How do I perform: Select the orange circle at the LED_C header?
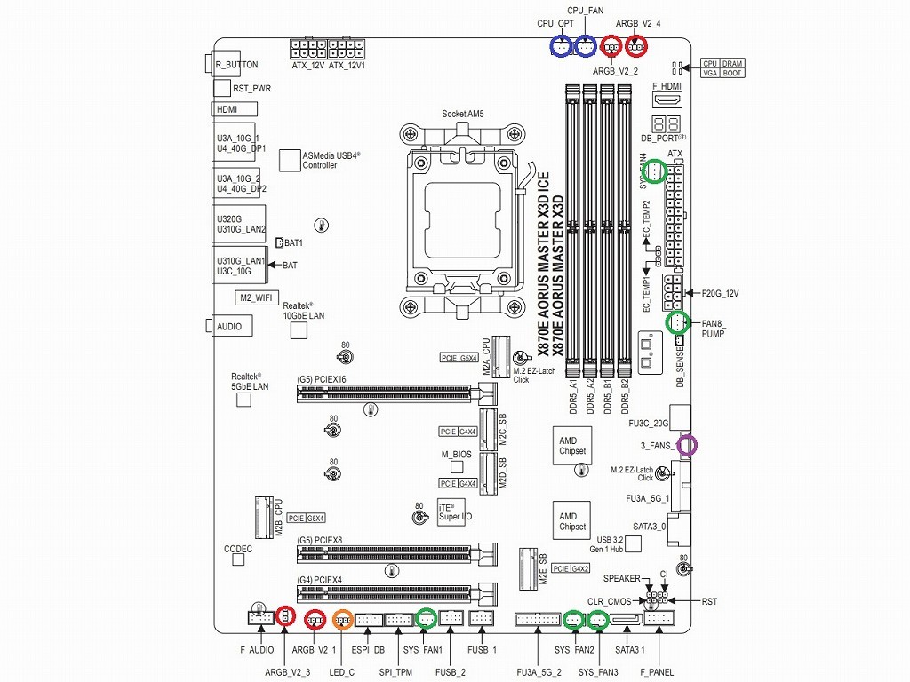343,619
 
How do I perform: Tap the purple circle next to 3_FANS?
687,445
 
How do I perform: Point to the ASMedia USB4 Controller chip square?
291,160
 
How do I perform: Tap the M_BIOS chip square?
457,468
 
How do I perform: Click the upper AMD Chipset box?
572,445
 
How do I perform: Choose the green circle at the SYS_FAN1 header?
427,618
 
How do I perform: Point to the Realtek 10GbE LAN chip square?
299,330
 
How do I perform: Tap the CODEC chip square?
238,566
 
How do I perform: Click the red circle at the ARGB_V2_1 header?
316,619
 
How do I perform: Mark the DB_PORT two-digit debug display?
667,124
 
